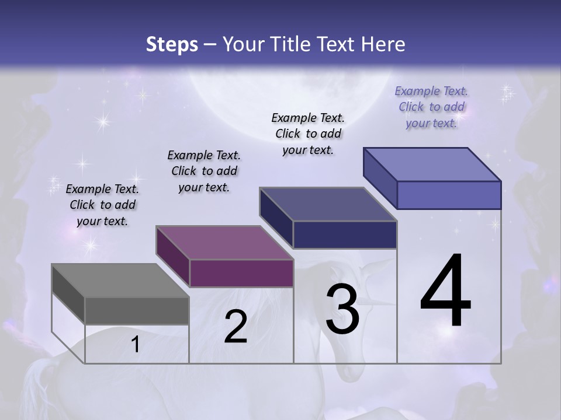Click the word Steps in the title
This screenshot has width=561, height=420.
coord(172,45)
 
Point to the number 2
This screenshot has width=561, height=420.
coord(236,327)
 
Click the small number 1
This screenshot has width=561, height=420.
coord(136,345)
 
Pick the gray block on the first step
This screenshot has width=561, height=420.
coord(120,294)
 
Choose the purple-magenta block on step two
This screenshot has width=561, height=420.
coord(225,257)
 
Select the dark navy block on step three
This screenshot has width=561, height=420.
coord(328,218)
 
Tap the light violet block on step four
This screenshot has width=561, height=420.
coord(432,178)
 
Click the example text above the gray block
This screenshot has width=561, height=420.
coord(102,205)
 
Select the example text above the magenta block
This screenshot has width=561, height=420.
coord(204,171)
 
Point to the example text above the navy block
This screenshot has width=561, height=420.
coord(308,134)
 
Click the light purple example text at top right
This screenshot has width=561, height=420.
coord(432,107)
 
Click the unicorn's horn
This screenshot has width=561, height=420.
coord(383,303)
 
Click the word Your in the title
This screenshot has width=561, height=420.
coord(243,44)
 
